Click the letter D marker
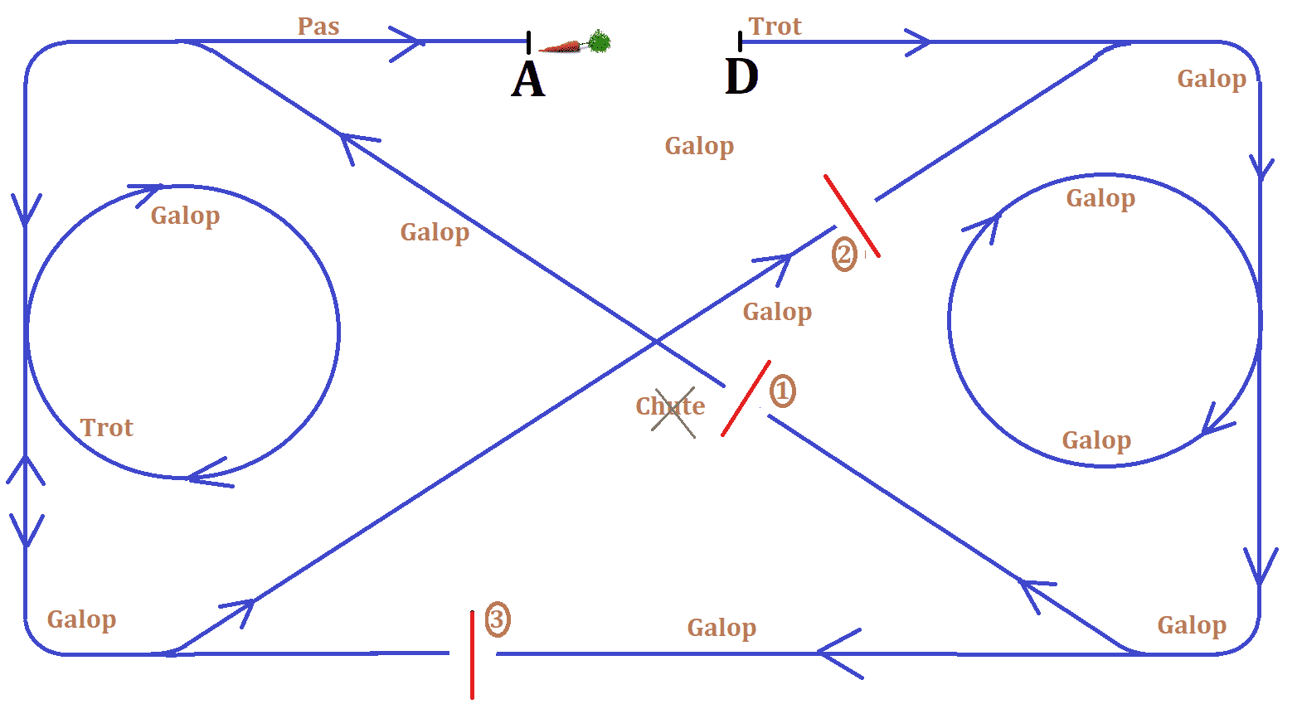coord(741,76)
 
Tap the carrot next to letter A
coord(574,43)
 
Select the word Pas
coord(318,27)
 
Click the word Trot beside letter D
coord(775,27)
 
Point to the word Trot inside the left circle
coord(106,428)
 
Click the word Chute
coord(670,405)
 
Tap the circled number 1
coord(782,391)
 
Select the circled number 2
coord(844,255)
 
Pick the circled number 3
coord(497,619)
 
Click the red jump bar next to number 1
coord(746,398)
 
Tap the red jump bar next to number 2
coord(852,216)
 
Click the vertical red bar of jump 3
coord(472,654)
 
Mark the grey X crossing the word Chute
coord(673,413)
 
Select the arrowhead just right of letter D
coord(918,42)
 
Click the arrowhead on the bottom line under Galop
coord(838,653)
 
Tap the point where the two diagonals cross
coord(656,342)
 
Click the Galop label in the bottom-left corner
coord(81,620)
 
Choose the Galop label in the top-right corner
coord(1212,79)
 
